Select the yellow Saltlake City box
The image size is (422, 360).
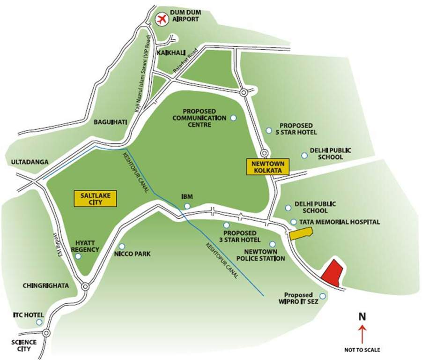(95, 199)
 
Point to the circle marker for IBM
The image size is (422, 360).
(187, 206)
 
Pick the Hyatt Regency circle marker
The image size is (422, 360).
(78, 256)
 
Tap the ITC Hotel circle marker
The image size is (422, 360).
(39, 322)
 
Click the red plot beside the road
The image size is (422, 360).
(332, 272)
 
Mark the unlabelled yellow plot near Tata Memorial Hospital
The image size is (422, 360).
(300, 233)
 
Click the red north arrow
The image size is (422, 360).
(362, 335)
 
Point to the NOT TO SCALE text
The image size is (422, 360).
(362, 350)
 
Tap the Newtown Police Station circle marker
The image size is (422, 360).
(273, 244)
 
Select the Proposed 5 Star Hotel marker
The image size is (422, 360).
(268, 130)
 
